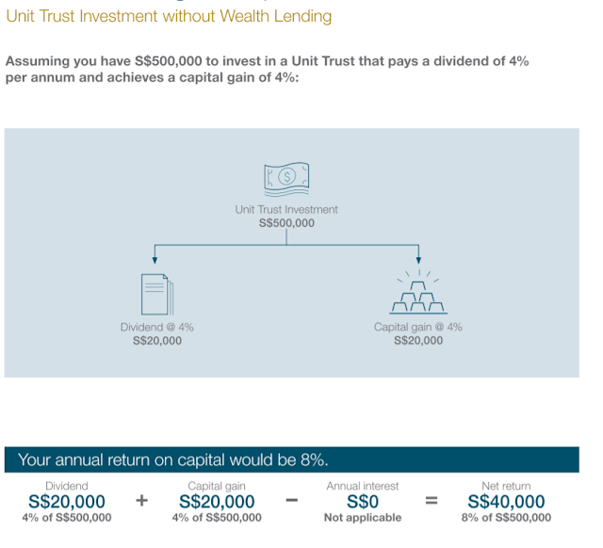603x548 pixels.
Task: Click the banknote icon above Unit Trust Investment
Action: pyautogui.click(x=286, y=176)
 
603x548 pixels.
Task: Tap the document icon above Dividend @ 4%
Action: pyautogui.click(x=157, y=295)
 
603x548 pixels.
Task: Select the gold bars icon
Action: pyautogui.click(x=418, y=297)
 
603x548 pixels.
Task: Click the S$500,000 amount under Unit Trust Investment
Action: pyautogui.click(x=286, y=223)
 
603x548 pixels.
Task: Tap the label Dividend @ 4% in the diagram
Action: pyautogui.click(x=157, y=327)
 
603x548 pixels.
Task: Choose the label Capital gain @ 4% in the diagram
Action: pyautogui.click(x=418, y=327)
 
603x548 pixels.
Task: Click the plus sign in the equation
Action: pyautogui.click(x=142, y=502)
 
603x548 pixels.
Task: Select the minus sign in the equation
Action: pyautogui.click(x=292, y=502)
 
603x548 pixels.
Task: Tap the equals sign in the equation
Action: pyautogui.click(x=432, y=502)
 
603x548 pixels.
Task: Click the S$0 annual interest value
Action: pyautogui.click(x=363, y=502)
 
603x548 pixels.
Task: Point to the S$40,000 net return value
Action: pyautogui.click(x=506, y=502)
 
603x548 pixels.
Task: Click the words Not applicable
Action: pyautogui.click(x=363, y=518)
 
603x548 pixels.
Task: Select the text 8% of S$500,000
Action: pyautogui.click(x=506, y=518)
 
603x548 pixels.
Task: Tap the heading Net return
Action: pyautogui.click(x=506, y=486)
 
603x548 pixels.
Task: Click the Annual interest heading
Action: pyautogui.click(x=363, y=486)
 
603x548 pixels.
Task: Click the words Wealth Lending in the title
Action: pyautogui.click(x=282, y=16)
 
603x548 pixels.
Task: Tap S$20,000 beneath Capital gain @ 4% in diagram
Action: pyautogui.click(x=418, y=340)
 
